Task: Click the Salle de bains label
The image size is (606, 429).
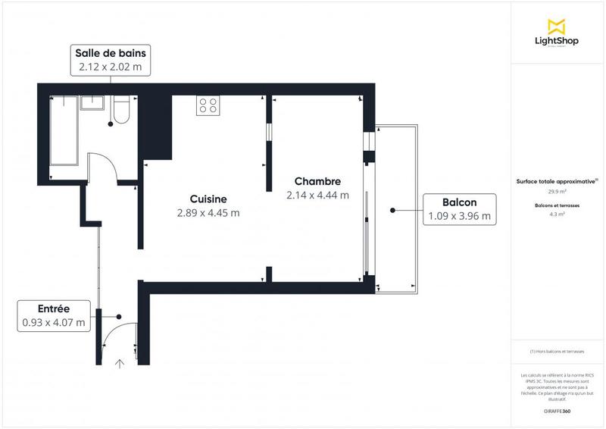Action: (x=111, y=53)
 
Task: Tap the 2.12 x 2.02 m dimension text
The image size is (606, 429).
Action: (x=111, y=67)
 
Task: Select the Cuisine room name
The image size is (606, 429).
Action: (x=197, y=199)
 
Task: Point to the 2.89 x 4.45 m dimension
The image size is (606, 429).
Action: (x=209, y=213)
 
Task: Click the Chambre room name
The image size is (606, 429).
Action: (x=317, y=181)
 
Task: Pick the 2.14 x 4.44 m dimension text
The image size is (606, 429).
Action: (x=317, y=195)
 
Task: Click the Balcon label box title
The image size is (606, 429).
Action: (x=460, y=202)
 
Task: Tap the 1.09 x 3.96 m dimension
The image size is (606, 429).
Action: (x=460, y=216)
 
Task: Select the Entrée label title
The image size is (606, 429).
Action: (x=54, y=308)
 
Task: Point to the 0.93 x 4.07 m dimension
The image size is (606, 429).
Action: (x=54, y=322)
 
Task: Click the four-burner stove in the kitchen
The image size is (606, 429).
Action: (x=208, y=105)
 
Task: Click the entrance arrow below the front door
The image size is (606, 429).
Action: (x=120, y=363)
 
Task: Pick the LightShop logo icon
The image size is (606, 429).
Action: (x=557, y=27)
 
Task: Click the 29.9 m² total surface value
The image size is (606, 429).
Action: (x=557, y=192)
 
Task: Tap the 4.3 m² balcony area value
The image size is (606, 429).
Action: (x=557, y=214)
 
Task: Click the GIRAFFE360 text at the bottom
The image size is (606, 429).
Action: (x=557, y=410)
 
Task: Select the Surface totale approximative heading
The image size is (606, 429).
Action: (x=557, y=181)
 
